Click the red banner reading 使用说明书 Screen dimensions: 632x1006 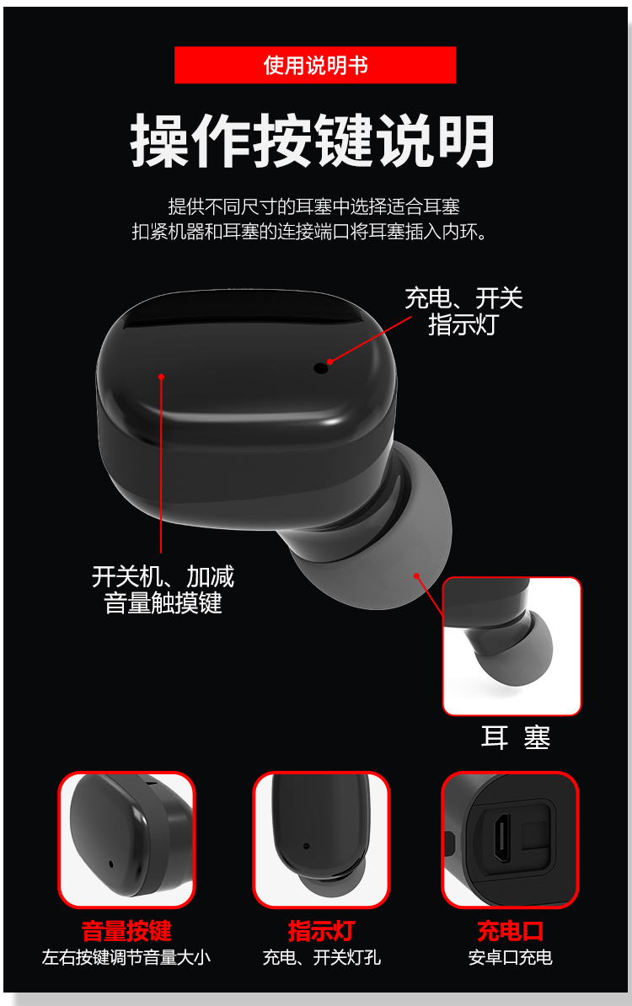[315, 65]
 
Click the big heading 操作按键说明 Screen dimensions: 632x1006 [313, 142]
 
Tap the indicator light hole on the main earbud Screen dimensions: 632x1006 [321, 368]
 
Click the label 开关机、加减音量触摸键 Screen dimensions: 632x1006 [163, 590]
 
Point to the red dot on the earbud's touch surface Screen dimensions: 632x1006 [162, 377]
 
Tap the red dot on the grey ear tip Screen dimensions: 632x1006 [416, 575]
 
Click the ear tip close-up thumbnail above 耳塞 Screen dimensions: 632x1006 [512, 646]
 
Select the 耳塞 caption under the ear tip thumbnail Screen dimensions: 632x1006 [516, 738]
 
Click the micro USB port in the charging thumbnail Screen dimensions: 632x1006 [502, 838]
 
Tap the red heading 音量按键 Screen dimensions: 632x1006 [126, 931]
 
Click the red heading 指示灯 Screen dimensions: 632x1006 [321, 931]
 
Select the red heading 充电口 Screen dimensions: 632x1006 [511, 931]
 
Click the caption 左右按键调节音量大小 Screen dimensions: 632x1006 [126, 957]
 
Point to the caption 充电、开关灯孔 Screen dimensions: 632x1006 [321, 957]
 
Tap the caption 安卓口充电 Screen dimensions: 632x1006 [510, 957]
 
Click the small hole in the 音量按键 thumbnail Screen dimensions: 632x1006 [111, 864]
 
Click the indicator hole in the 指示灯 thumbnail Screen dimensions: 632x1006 [306, 846]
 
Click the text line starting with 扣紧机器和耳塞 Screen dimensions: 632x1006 [311, 231]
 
